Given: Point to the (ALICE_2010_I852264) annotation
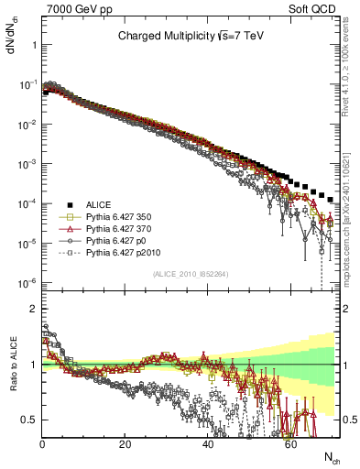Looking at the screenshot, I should point(189,274).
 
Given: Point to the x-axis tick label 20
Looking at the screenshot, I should point(125,444).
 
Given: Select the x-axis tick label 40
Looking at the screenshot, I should point(208,444).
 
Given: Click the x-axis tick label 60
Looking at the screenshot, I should point(290,444).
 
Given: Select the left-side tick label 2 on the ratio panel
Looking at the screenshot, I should point(32,309).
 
